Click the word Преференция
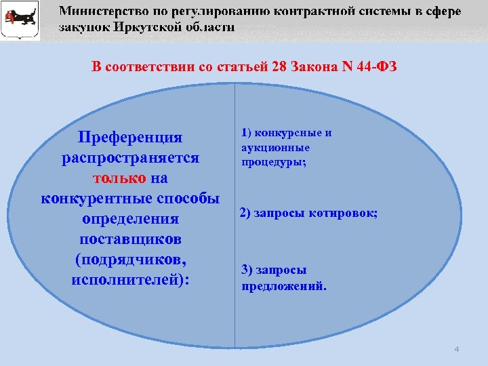click(x=130, y=138)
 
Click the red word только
click(x=119, y=178)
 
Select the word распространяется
click(x=130, y=158)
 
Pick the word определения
click(x=130, y=219)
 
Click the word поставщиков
click(x=130, y=239)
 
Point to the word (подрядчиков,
click(x=130, y=260)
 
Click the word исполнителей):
click(x=130, y=280)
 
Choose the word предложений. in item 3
click(x=284, y=285)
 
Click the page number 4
click(x=457, y=349)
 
